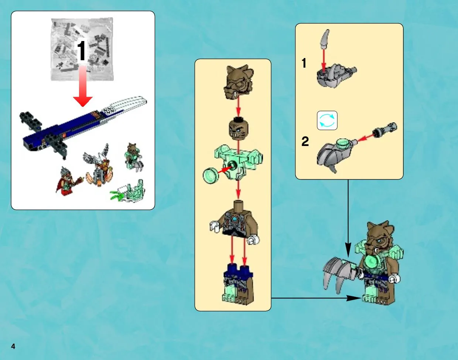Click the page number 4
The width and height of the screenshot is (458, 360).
pyautogui.click(x=13, y=346)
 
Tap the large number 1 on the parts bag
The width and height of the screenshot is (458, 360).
pyautogui.click(x=82, y=51)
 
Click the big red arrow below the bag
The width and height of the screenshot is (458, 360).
pyautogui.click(x=83, y=86)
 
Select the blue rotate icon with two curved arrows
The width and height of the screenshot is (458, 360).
pyautogui.click(x=327, y=120)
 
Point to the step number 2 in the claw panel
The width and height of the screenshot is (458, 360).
pyautogui.click(x=305, y=141)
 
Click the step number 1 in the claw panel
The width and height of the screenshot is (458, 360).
pyautogui.click(x=304, y=63)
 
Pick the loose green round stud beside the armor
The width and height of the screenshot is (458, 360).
pyautogui.click(x=211, y=176)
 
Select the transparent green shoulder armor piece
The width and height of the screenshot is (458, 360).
pyautogui.click(x=239, y=162)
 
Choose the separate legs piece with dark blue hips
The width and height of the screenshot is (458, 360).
pyautogui.click(x=238, y=283)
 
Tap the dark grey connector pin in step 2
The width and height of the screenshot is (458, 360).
pyautogui.click(x=385, y=129)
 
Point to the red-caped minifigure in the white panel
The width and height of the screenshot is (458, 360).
pyautogui.click(x=68, y=181)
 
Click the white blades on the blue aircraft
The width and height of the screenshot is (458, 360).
pyautogui.click(x=126, y=105)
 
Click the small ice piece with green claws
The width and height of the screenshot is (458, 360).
pyautogui.click(x=128, y=191)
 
